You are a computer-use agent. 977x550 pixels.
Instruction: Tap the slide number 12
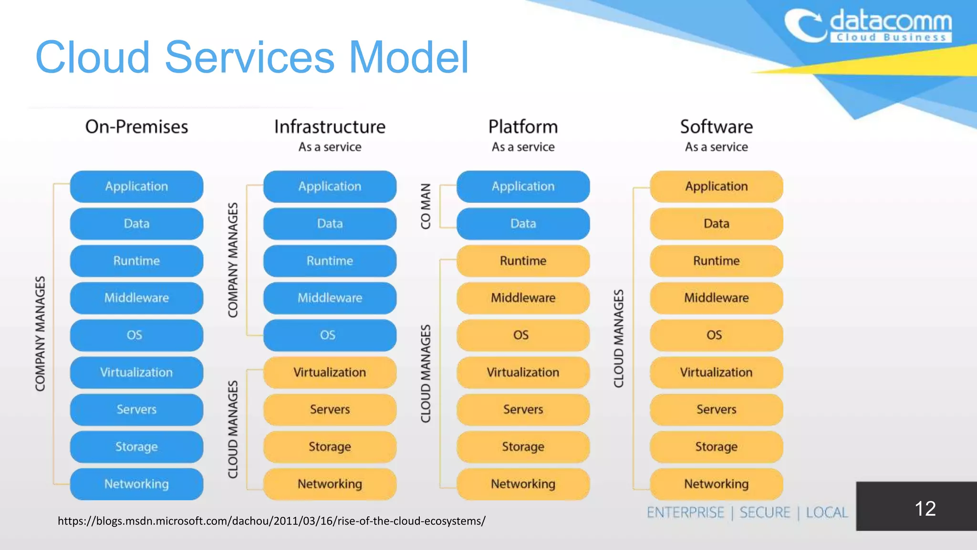(925, 508)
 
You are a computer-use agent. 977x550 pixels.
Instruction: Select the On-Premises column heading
(136, 127)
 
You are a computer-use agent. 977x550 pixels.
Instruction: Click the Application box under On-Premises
(136, 186)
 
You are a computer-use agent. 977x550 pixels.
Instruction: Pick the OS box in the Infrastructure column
(330, 335)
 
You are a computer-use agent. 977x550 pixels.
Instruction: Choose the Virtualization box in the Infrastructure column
(330, 372)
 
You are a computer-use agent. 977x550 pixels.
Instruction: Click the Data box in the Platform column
(523, 223)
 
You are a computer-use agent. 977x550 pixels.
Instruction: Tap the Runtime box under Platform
(523, 261)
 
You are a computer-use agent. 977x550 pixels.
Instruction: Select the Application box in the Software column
(716, 186)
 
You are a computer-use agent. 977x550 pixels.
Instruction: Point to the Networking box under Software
(716, 484)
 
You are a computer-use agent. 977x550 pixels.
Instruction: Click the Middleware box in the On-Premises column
(136, 298)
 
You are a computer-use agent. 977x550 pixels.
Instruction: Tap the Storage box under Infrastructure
(330, 447)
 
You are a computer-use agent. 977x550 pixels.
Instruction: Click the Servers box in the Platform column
(523, 410)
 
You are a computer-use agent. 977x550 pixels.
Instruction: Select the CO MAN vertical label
(426, 206)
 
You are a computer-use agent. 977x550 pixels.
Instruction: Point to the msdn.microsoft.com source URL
(271, 521)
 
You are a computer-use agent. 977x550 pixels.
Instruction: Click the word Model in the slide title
(409, 57)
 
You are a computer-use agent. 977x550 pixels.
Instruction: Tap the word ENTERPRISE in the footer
(685, 513)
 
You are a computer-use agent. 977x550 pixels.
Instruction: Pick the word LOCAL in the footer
(827, 513)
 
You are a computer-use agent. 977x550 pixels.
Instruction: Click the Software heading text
(716, 127)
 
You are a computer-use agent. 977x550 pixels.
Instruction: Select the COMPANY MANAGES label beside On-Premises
(40, 334)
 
